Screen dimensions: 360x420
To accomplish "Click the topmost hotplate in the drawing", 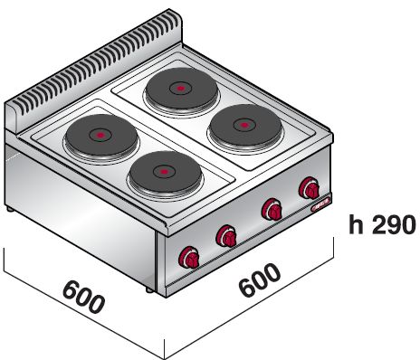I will pos(178,89).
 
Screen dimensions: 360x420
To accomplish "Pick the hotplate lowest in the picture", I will pos(163,171).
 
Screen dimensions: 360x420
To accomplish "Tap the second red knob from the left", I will pos(226,237).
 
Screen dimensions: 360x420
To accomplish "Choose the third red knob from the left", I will pos(270,211).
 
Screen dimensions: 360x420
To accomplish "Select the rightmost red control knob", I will pos(310,189).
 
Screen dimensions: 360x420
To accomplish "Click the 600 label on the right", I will pos(258,281).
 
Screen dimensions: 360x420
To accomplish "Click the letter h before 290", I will pos(355,223).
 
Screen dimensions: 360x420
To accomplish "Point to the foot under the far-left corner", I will pos(11,209).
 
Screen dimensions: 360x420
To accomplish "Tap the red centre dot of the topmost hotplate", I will pos(178,89).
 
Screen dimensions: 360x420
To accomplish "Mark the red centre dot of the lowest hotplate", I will pos(163,171).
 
